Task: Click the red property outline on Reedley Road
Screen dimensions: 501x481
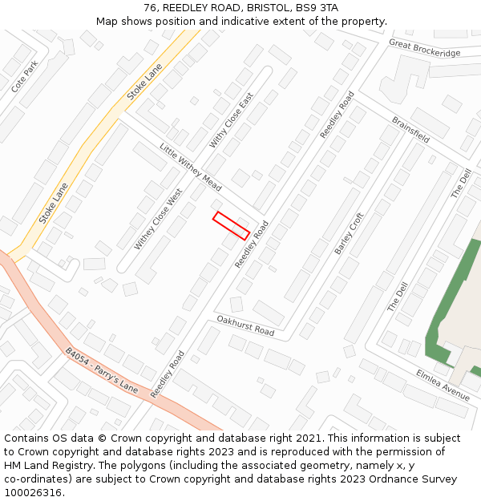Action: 231,225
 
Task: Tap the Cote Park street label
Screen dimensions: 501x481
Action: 25,76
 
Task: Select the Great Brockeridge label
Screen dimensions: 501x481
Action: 425,48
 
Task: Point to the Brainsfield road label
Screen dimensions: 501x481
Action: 410,130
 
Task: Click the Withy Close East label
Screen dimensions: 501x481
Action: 231,119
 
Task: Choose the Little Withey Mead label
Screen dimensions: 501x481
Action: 190,167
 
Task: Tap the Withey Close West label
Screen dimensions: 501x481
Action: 159,219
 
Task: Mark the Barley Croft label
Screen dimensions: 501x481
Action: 349,233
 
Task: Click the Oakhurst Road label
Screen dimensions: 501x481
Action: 245,325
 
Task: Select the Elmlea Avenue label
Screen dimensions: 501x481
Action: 443,385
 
